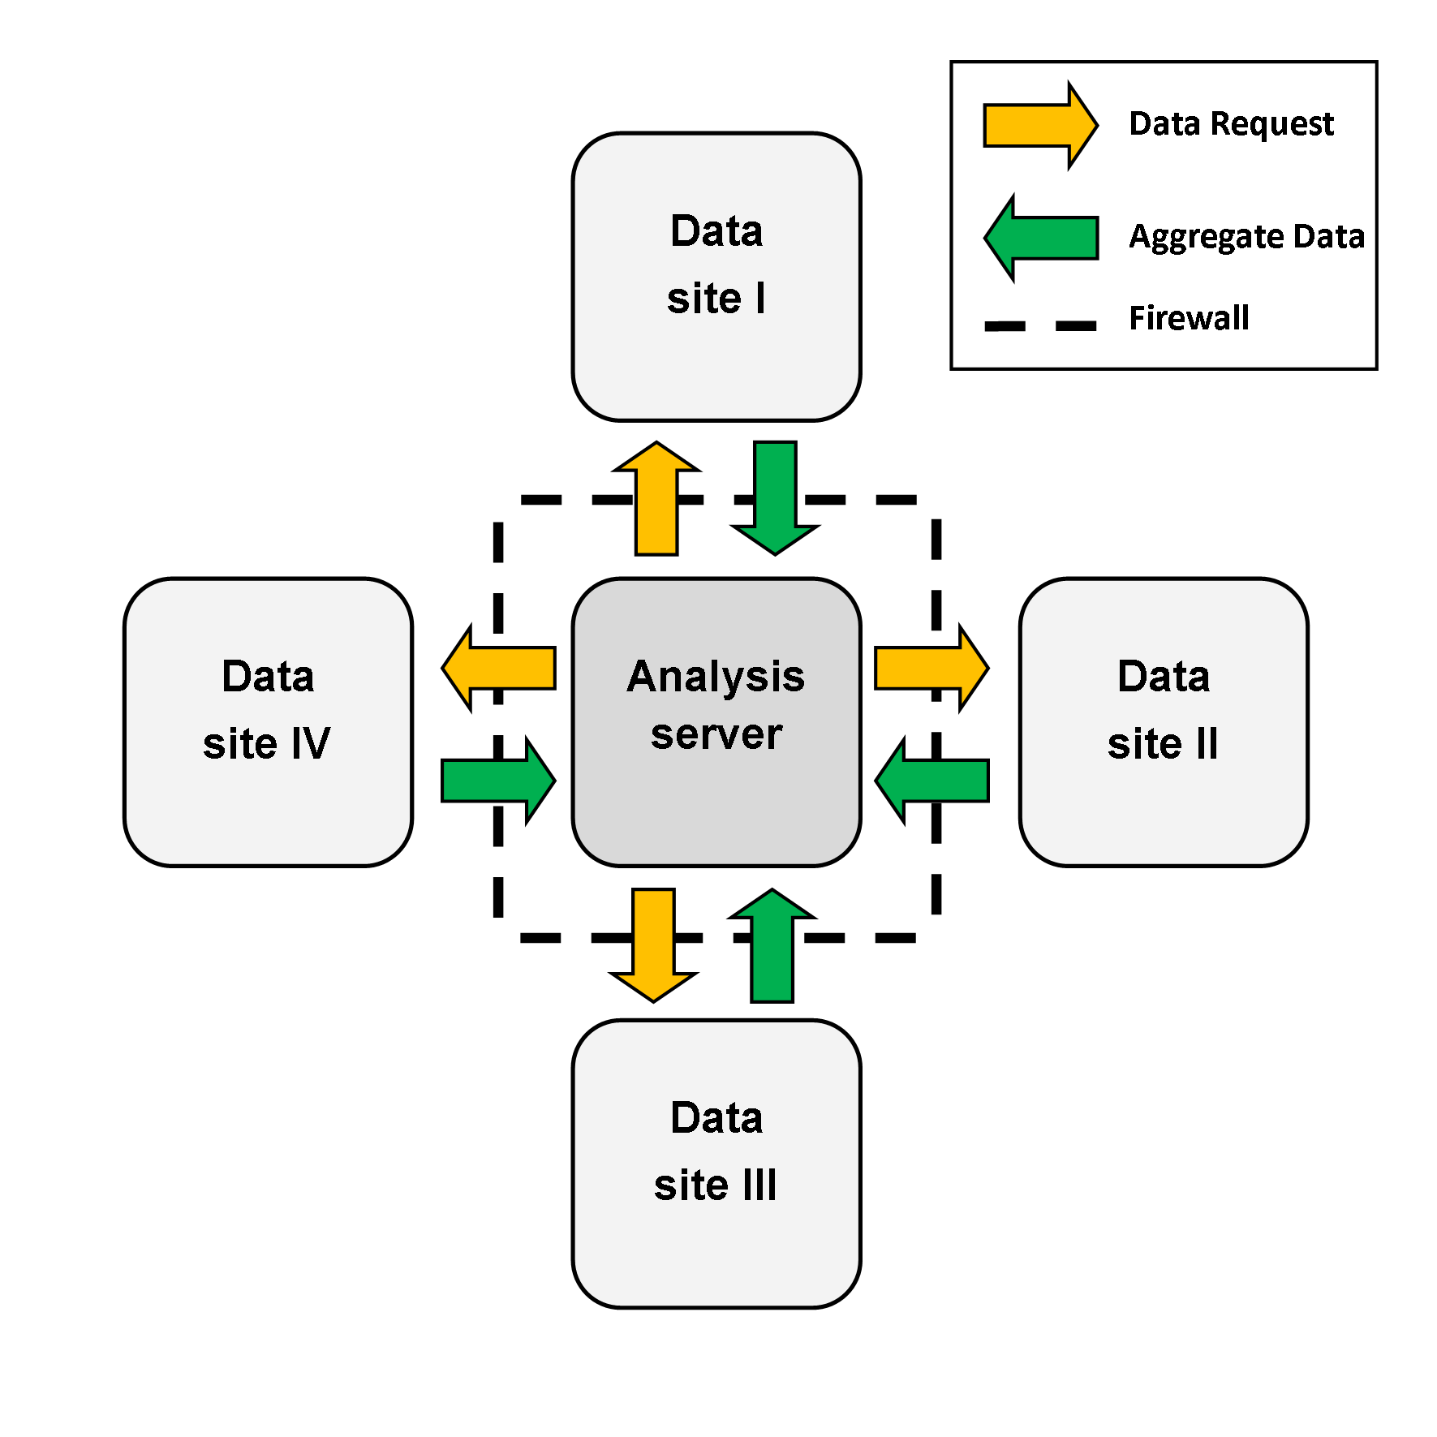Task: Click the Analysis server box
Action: pos(716,722)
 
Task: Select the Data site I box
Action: pos(716,277)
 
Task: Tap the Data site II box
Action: pos(1164,722)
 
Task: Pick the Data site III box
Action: pos(716,1164)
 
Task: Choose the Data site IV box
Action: pos(269,722)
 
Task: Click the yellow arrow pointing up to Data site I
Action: pos(656,498)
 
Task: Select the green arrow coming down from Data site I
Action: pos(775,498)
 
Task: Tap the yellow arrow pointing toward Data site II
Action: pos(931,669)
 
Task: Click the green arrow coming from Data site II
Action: pos(931,781)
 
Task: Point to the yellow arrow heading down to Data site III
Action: pos(653,945)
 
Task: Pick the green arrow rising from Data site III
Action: pos(772,945)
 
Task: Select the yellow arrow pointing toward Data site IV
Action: pos(499,669)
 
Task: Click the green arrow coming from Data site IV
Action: pos(499,781)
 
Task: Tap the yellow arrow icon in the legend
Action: pos(1041,125)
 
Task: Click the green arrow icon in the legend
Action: pos(1041,238)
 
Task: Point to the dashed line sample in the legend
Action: pos(1040,326)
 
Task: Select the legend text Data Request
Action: pos(1231,124)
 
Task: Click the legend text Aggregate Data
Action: pos(1247,237)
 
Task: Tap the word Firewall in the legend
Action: pos(1190,317)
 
